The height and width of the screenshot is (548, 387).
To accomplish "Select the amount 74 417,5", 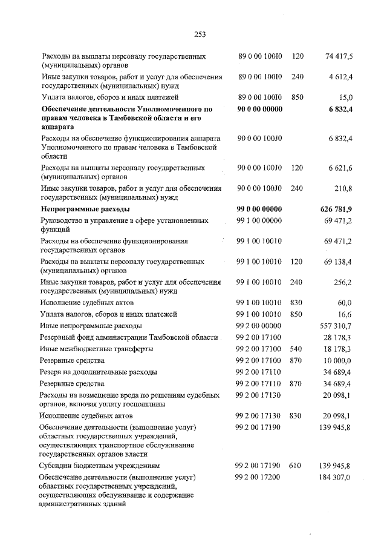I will coord(339,56).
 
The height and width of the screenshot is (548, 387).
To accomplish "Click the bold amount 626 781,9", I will coord(336,208).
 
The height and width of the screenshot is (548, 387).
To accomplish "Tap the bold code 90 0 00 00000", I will coord(261,109).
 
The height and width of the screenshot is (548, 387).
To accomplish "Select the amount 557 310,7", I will coord(337,325).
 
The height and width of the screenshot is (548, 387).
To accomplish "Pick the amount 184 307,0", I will coord(337,478).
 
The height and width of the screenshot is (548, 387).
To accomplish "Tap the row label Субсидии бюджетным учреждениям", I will coord(100,466).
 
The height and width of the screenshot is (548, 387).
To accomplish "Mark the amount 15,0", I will coord(346,97).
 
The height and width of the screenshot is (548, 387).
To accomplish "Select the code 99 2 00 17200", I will coord(259,478).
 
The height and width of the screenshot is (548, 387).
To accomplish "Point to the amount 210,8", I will coord(344,188).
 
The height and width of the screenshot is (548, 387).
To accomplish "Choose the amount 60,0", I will coord(345,302).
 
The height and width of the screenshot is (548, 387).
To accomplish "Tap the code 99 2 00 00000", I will coord(259,325).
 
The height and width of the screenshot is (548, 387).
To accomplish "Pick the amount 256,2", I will coord(343,282).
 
